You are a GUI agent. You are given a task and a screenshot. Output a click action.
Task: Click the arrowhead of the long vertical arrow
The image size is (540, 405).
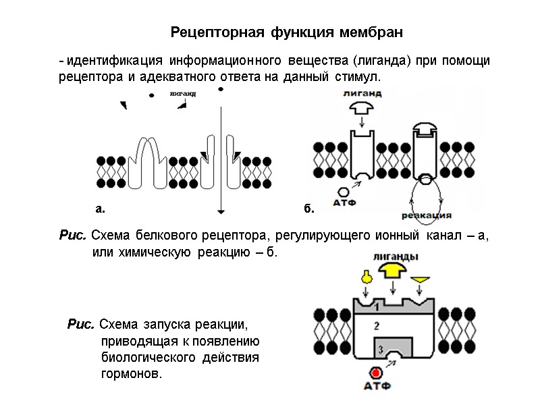(220, 209)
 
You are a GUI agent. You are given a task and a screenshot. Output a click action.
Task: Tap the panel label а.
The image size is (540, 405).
(100, 209)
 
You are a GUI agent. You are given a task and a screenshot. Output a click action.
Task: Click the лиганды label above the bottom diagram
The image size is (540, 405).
(395, 256)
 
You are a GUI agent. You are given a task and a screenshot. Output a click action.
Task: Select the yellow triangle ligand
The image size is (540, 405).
(421, 279)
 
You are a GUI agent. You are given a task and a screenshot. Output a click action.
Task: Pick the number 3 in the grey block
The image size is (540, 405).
(381, 349)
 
